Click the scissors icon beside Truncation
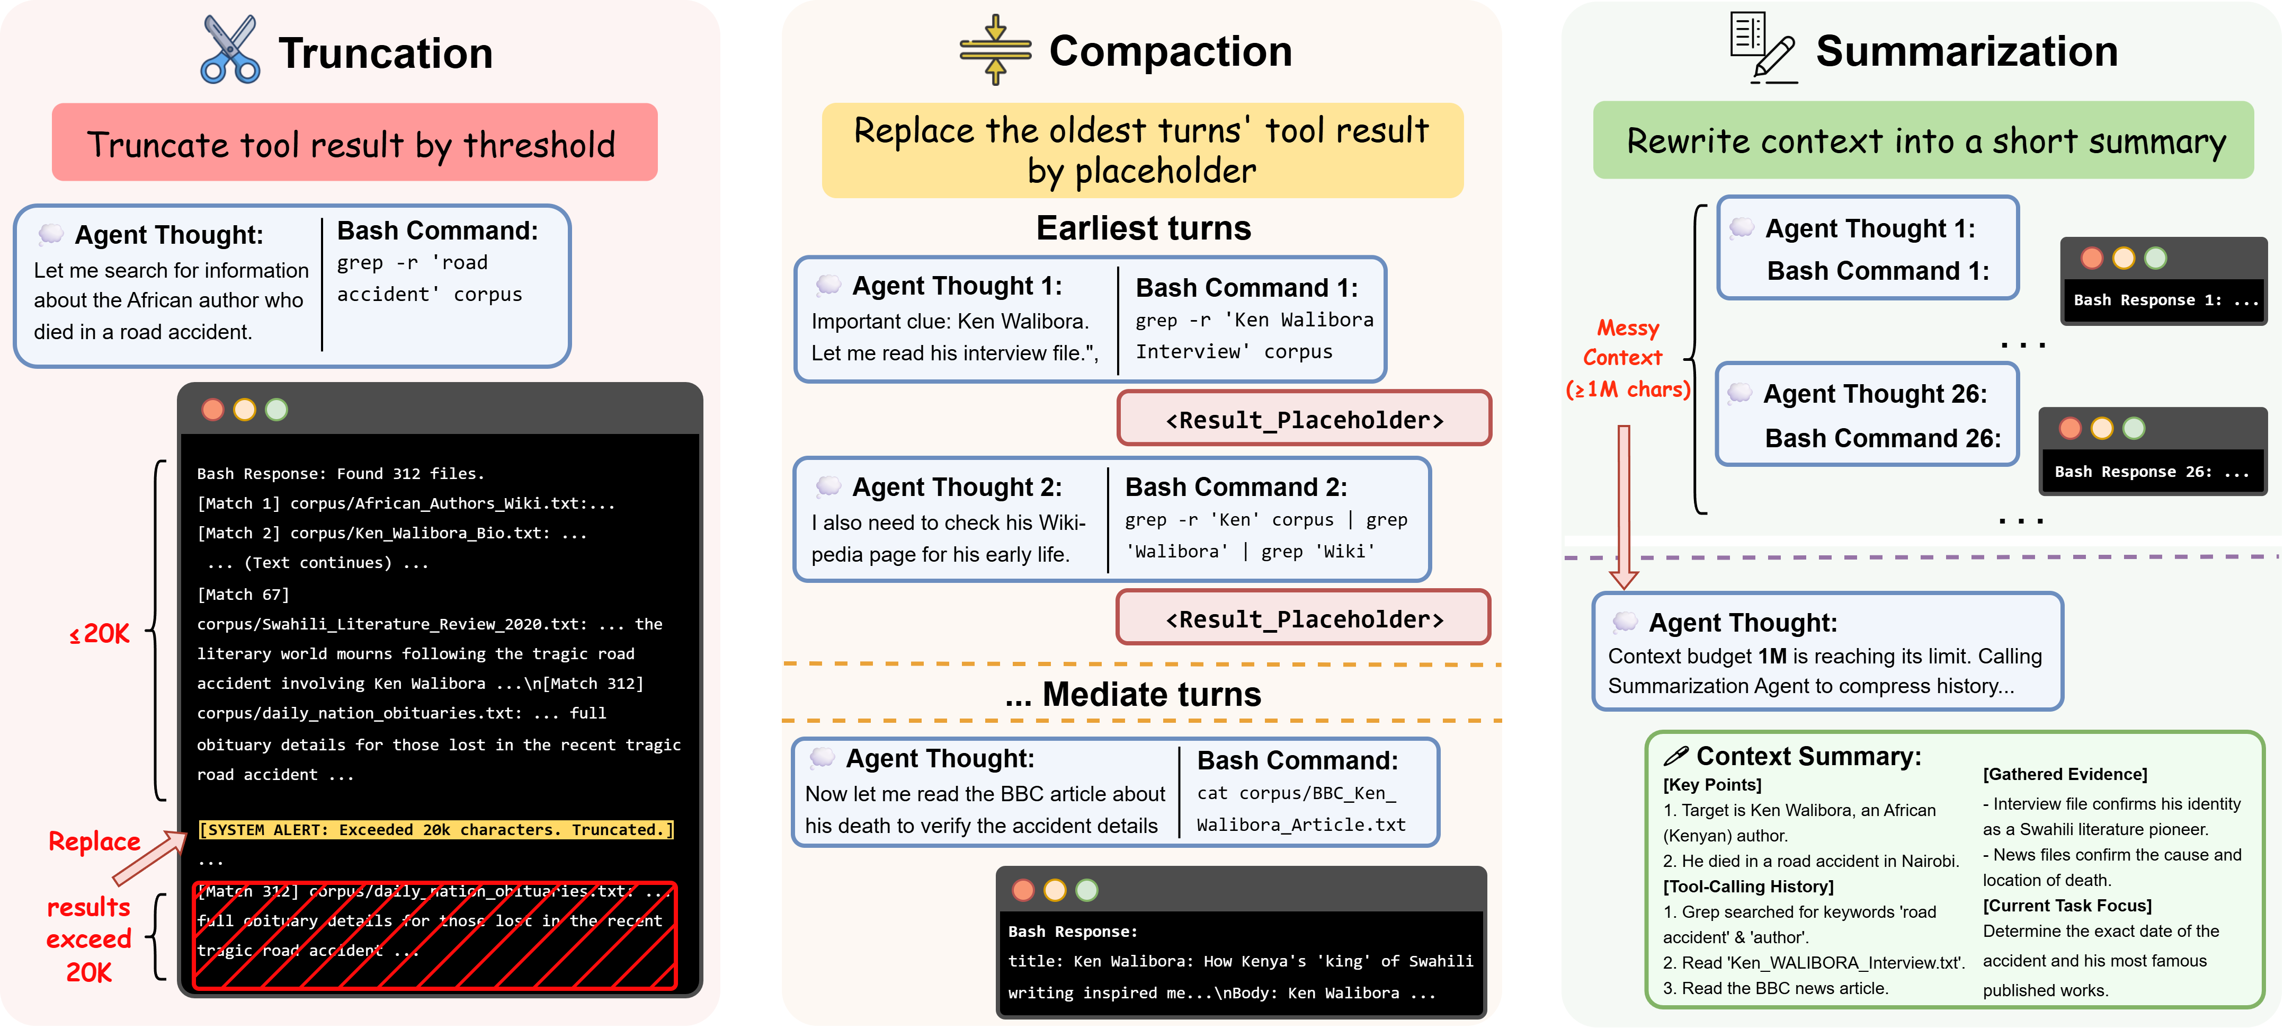(x=230, y=50)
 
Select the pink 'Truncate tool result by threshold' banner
(x=355, y=143)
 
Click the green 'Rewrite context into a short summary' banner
(x=1923, y=140)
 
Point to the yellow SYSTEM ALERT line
(x=435, y=829)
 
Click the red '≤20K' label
(x=99, y=633)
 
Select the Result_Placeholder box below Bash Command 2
(x=1304, y=618)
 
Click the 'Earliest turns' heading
(x=1144, y=228)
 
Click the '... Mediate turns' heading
(x=1133, y=694)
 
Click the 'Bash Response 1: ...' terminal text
(x=2165, y=300)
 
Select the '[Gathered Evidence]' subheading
(x=2065, y=774)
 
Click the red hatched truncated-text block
(x=434, y=935)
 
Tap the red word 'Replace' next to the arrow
(x=94, y=841)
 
